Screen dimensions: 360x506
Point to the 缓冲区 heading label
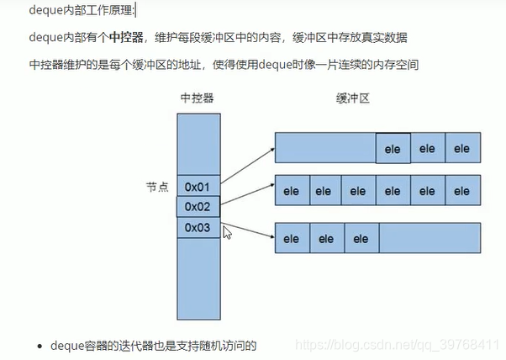click(353, 98)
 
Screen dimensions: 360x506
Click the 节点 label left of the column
click(157, 186)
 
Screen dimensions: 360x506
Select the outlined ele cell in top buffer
click(393, 149)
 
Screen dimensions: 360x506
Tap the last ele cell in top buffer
click(462, 149)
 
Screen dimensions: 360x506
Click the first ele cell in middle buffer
click(292, 191)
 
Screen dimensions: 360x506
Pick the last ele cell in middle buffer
click(462, 191)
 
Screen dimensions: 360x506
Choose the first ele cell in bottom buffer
click(292, 239)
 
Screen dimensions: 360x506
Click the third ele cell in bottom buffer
click(361, 239)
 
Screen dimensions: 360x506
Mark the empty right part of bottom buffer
click(430, 239)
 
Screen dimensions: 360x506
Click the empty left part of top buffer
click(325, 149)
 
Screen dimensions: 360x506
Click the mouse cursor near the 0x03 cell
click(226, 232)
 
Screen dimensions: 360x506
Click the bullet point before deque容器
click(40, 345)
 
